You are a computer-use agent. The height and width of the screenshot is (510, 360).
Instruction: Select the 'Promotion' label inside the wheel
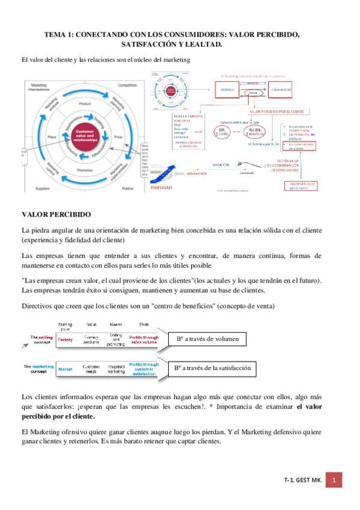[x=85, y=170]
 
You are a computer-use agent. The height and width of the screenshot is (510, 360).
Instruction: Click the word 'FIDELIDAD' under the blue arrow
[x=168, y=187]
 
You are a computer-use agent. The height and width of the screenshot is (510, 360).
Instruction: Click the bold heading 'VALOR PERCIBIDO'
[x=56, y=214]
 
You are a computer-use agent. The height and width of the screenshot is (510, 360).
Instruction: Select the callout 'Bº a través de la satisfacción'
[x=212, y=367]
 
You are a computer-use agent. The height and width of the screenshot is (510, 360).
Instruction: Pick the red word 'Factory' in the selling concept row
[x=66, y=340]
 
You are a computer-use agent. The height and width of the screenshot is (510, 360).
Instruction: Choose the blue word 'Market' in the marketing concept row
[x=66, y=367]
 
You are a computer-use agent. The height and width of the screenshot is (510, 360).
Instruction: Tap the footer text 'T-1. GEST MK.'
[x=303, y=481]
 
